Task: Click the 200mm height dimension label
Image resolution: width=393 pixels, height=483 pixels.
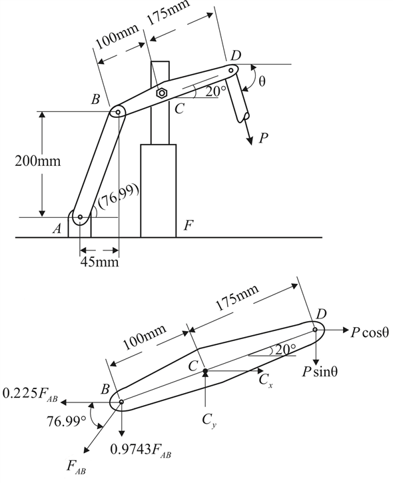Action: pyautogui.click(x=38, y=161)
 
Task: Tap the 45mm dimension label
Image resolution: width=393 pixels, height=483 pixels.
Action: pyautogui.click(x=99, y=262)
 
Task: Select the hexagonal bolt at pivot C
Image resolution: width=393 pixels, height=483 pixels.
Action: pyautogui.click(x=161, y=93)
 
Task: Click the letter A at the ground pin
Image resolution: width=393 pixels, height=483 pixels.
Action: pyautogui.click(x=57, y=229)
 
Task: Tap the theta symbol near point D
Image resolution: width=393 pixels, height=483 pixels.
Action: pyautogui.click(x=262, y=81)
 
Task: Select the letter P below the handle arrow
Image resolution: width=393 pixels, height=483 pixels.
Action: pyautogui.click(x=263, y=139)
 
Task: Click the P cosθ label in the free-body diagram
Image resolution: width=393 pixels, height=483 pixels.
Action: pyautogui.click(x=370, y=332)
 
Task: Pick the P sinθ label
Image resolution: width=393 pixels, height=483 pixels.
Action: pyautogui.click(x=320, y=372)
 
